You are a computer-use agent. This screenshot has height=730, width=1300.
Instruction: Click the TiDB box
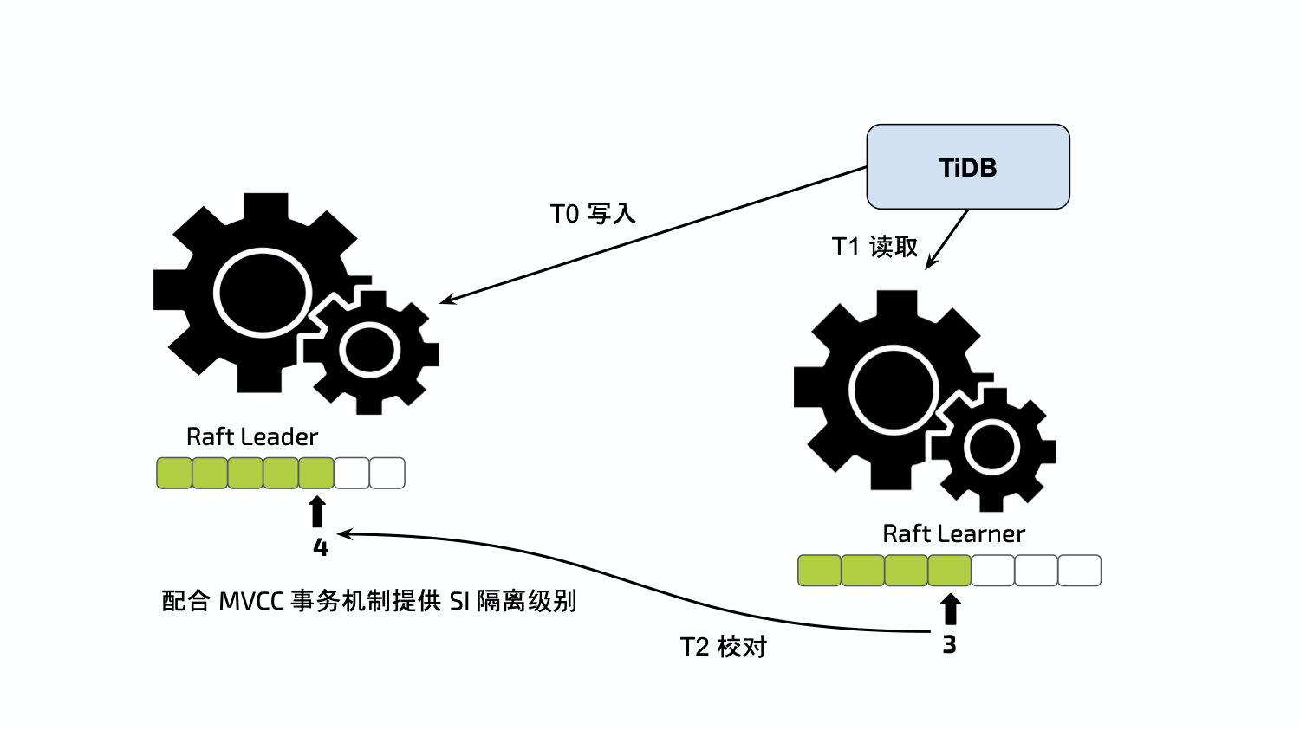tap(968, 167)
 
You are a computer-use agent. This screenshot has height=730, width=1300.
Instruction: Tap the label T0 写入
tap(593, 214)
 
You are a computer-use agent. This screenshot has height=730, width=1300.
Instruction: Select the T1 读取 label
tap(874, 247)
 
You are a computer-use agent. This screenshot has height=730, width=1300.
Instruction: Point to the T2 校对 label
tap(723, 647)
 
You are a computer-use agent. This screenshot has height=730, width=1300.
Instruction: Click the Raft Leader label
tap(252, 436)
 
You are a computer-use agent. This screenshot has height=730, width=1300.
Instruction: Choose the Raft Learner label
tap(953, 533)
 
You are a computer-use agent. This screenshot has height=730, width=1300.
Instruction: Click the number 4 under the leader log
tap(320, 548)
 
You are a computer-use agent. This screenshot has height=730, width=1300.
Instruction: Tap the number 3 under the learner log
tap(949, 645)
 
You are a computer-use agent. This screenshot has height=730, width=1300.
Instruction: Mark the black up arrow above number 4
tap(317, 512)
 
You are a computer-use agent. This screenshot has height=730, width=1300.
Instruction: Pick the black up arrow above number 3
tap(950, 609)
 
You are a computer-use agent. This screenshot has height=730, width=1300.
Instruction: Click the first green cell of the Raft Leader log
tap(174, 473)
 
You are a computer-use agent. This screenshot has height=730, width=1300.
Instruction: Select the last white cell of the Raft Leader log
tap(387, 473)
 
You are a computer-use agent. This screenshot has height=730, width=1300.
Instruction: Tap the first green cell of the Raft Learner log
tap(819, 571)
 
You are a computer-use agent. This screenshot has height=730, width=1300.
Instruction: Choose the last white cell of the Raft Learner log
tap(1080, 571)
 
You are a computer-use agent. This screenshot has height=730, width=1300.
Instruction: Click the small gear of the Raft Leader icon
tap(370, 351)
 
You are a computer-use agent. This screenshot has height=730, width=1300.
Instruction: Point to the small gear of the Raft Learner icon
tap(991, 449)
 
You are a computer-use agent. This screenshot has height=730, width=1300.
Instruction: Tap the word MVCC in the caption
tap(250, 601)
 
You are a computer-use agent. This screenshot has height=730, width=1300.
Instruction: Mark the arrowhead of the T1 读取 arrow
tap(929, 266)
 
